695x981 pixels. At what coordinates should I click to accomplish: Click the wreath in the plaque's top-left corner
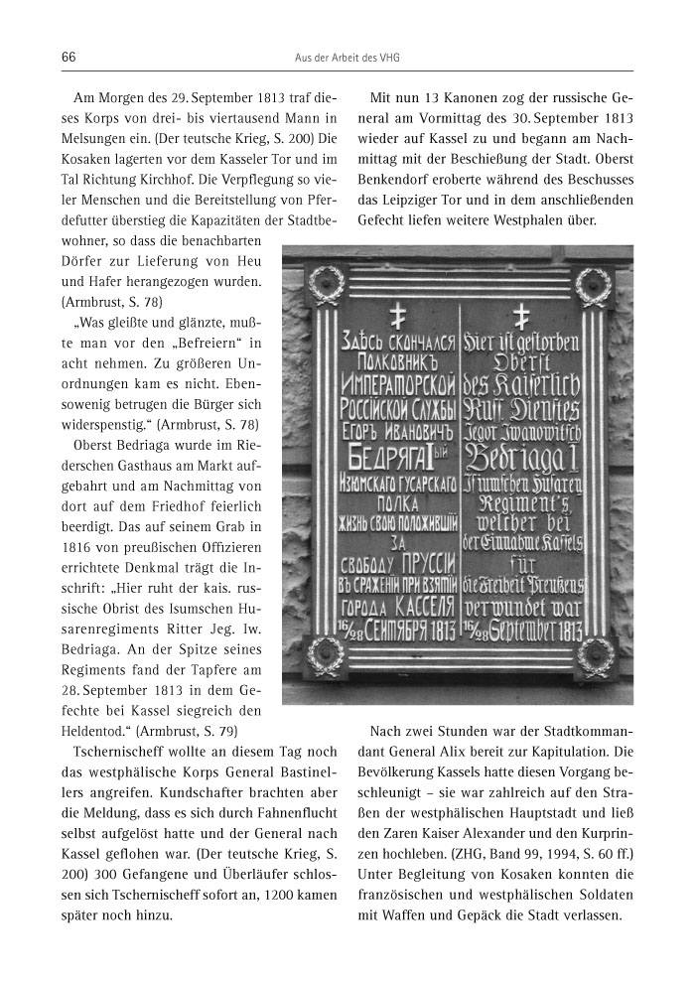(x=326, y=286)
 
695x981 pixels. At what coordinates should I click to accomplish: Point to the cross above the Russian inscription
(x=400, y=317)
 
